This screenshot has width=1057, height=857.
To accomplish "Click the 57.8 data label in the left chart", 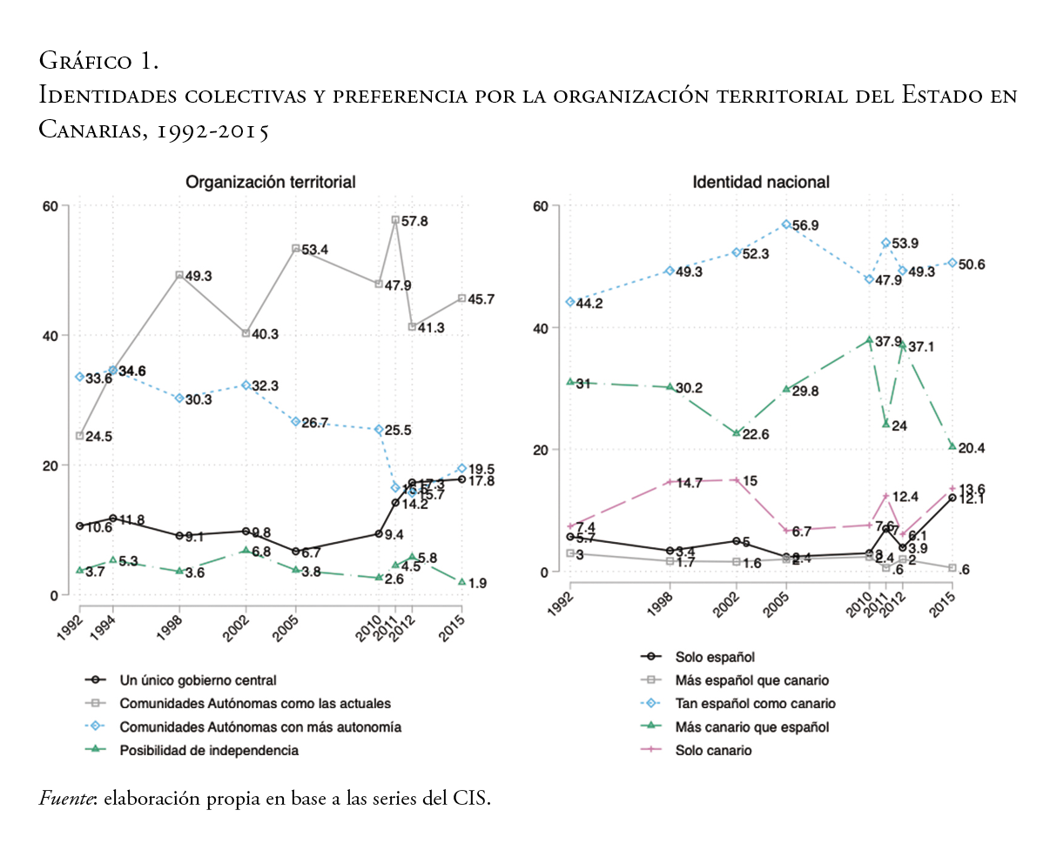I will tap(414, 221).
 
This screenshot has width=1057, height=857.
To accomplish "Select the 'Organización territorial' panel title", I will tap(270, 182).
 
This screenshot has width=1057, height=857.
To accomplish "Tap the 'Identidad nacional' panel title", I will tap(761, 182).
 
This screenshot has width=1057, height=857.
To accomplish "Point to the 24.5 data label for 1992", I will tap(98, 437).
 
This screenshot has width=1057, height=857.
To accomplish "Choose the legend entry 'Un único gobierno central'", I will tap(198, 680).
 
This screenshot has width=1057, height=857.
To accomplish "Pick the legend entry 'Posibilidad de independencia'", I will tap(209, 750).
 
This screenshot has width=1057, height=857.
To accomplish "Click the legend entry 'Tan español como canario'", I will tap(755, 703).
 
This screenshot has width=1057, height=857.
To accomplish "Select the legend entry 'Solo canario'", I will tap(713, 750).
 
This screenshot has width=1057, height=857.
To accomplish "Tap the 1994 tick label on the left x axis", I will tap(104, 625).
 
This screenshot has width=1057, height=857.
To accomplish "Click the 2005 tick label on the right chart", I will tap(778, 600).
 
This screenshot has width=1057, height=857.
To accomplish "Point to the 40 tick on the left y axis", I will tap(51, 336).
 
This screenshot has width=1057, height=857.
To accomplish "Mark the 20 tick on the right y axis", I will tap(542, 450).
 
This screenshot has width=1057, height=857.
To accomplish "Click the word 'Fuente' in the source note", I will tap(67, 798).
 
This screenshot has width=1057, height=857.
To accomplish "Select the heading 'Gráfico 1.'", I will tap(98, 61).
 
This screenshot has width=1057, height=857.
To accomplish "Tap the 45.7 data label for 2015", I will tap(481, 299).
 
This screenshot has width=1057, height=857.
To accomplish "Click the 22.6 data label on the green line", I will tap(755, 434).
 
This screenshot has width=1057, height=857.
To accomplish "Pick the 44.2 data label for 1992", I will tap(589, 304).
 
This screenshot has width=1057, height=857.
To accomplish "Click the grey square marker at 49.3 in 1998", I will tap(179, 275).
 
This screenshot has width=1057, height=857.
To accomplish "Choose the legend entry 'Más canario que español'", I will tap(751, 726).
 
